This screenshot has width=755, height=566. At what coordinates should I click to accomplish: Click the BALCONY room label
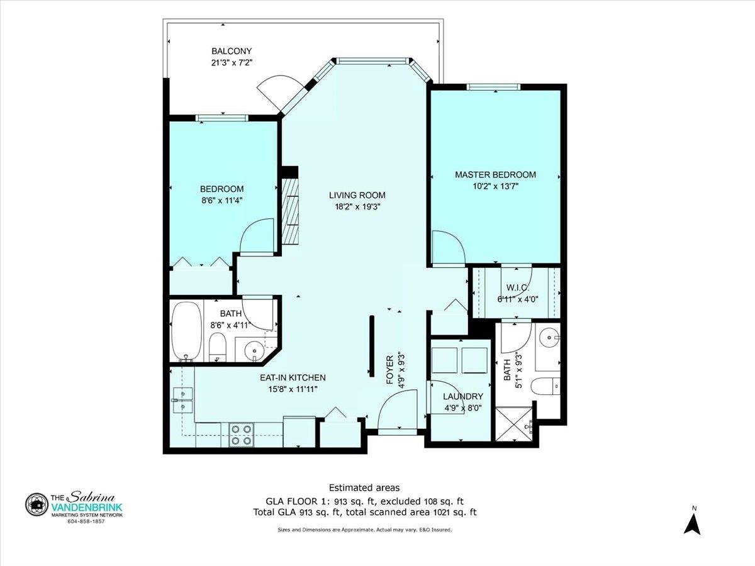tap(232, 51)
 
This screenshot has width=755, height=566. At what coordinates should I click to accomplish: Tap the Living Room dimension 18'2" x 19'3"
tap(357, 207)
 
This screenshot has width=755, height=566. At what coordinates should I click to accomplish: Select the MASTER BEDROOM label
tap(495, 175)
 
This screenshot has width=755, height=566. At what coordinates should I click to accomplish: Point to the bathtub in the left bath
tap(186, 331)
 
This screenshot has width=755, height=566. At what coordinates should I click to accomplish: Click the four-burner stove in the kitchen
tap(242, 435)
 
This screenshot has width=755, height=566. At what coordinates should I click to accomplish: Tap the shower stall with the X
tap(513, 423)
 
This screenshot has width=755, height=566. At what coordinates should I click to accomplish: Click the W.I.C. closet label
tap(518, 287)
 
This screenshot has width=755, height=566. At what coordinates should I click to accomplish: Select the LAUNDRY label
tap(463, 396)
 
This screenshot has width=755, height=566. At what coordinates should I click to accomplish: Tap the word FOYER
tap(389, 370)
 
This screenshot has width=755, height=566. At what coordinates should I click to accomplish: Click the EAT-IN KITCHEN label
tap(293, 378)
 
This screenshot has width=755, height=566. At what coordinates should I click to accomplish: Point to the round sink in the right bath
tap(547, 338)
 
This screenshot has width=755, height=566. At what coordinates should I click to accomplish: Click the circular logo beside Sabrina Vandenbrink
tap(36, 504)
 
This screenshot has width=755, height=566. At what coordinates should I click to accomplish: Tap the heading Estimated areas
tap(364, 487)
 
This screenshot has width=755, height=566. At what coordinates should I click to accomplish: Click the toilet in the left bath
tap(217, 347)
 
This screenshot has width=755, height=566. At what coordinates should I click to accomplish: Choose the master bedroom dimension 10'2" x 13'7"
tap(495, 187)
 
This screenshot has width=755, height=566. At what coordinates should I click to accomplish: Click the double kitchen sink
tap(182, 399)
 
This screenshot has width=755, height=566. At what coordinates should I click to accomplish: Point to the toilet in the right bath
tap(545, 386)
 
